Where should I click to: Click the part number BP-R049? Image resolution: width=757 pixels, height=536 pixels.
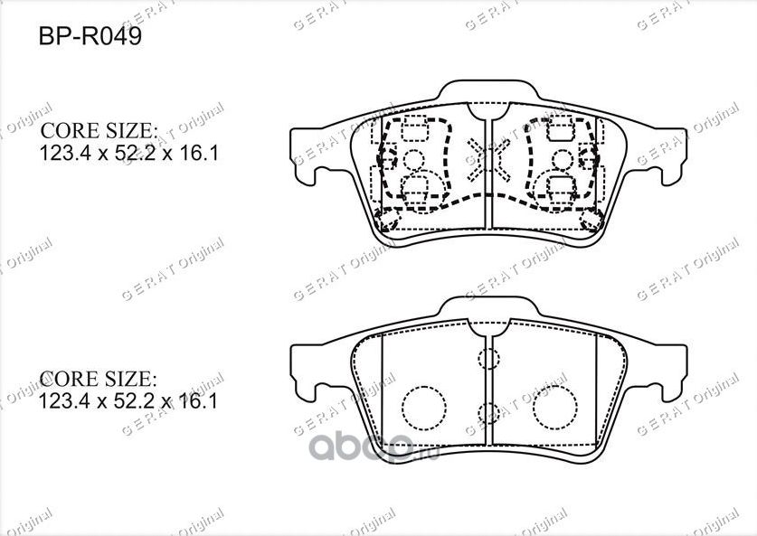pyautogui.click(x=89, y=40)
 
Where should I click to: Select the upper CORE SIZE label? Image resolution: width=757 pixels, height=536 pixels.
pyautogui.click(x=99, y=131)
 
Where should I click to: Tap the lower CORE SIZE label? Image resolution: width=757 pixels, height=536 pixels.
pyautogui.click(x=99, y=378)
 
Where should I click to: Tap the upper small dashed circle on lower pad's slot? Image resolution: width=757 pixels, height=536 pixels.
pyautogui.click(x=488, y=358)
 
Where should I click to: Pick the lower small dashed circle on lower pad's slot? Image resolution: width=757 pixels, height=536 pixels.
pyautogui.click(x=488, y=413)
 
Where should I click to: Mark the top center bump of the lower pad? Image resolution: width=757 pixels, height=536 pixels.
pyautogui.click(x=488, y=312)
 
